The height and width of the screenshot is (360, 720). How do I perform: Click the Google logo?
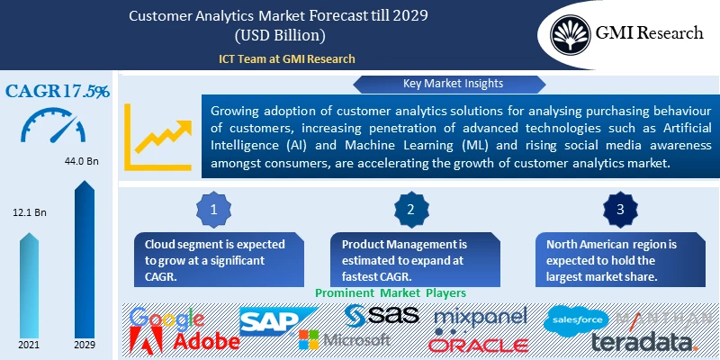click(x=167, y=319)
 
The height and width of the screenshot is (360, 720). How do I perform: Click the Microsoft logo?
click(x=346, y=340)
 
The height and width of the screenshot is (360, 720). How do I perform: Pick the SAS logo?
click(x=383, y=316)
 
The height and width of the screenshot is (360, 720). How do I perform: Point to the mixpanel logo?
click(x=481, y=318)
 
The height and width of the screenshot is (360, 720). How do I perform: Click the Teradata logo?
click(x=643, y=342)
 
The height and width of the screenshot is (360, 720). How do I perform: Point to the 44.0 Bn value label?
click(x=84, y=162)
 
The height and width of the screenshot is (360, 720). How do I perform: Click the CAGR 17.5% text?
click(x=58, y=91)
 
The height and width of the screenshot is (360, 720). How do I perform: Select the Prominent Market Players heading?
click(x=388, y=293)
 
